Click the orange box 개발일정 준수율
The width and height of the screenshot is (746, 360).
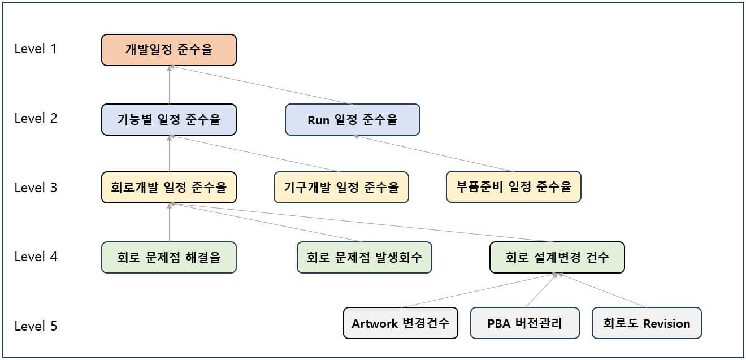click(168, 50)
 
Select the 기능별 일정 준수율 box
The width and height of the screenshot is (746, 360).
click(168, 119)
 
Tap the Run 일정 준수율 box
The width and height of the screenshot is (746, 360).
click(352, 119)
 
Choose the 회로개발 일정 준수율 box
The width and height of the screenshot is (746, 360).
click(168, 187)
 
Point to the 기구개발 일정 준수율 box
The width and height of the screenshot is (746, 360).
click(341, 187)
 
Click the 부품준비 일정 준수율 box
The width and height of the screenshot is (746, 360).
click(513, 187)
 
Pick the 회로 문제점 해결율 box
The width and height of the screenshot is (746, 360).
click(168, 257)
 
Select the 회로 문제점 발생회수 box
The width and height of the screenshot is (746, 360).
click(365, 257)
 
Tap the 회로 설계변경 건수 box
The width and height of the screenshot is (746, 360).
click(557, 257)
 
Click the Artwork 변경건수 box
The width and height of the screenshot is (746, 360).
click(400, 323)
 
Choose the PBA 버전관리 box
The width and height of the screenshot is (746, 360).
click(524, 323)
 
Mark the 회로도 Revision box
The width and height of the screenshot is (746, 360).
click(647, 323)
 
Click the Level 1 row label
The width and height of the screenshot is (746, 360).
click(36, 49)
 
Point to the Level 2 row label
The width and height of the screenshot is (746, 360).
click(36, 118)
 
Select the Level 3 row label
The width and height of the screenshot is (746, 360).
click(36, 188)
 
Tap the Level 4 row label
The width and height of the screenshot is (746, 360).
click(36, 257)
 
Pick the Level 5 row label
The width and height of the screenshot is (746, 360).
click(36, 326)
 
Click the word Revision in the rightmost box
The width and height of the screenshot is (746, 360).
click(666, 324)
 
